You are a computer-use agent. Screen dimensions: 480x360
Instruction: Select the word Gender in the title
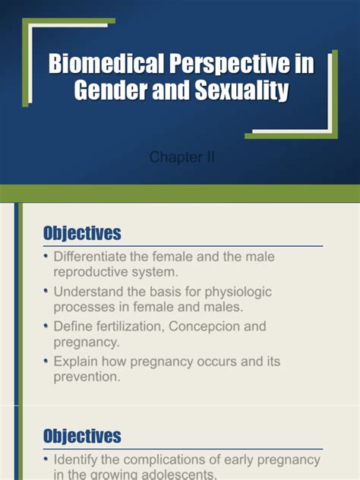pos(111,91)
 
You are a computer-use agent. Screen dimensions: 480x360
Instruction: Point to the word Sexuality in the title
pos(245,91)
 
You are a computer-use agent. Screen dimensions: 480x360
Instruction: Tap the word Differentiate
pos(95,257)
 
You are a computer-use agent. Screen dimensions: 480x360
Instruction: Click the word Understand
pos(90,292)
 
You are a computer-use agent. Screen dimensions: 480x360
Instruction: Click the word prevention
pos(87,375)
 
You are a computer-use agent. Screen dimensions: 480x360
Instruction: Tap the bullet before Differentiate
pos(46,257)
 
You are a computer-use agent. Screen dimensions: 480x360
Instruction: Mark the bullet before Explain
pos(46,361)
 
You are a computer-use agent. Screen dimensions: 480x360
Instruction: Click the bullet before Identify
pos(46,460)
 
